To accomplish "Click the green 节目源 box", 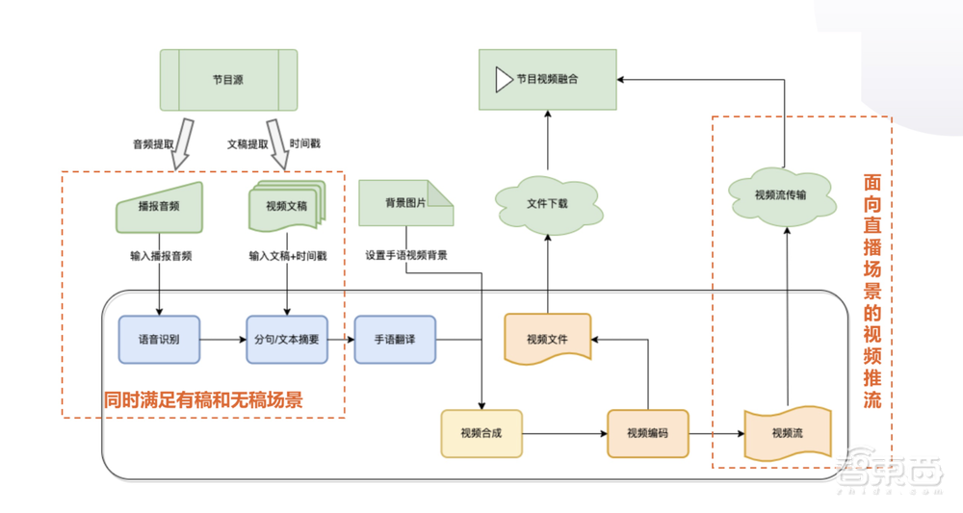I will point(227,80).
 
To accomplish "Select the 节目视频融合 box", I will point(547,80).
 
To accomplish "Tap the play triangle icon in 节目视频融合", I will point(503,80).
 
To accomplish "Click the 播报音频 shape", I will point(159,207).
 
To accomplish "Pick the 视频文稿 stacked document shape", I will point(286,206).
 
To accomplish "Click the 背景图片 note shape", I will point(404,203).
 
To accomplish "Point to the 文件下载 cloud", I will point(546,205).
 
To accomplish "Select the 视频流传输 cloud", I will point(781,193).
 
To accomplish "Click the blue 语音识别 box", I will point(159,339).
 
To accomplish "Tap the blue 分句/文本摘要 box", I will point(287,339).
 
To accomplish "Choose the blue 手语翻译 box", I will point(395,339).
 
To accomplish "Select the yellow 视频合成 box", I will point(482,433).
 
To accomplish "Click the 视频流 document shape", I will point(787,434).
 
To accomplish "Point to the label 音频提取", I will point(153,143).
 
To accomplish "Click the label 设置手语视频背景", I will point(405,256).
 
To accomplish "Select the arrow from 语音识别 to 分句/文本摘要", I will point(223,339).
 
